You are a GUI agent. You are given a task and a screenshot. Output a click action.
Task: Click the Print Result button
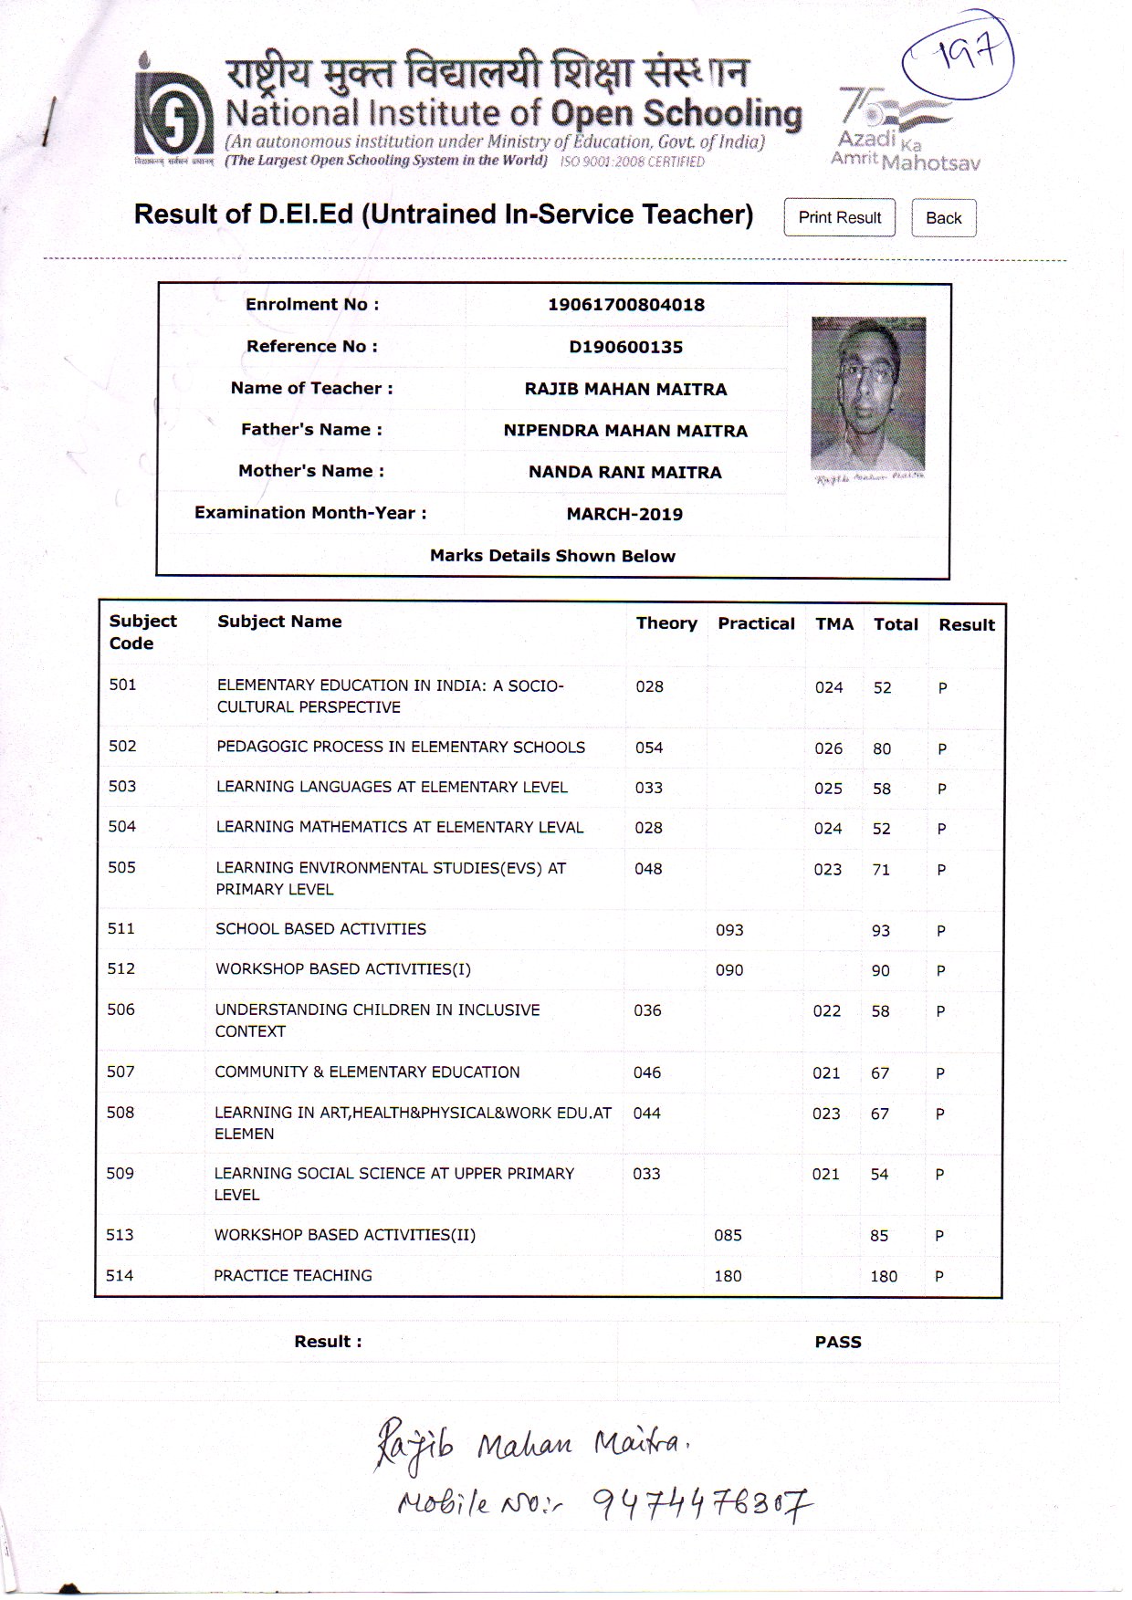click(839, 218)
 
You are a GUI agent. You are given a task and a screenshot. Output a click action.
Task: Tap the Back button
click(943, 218)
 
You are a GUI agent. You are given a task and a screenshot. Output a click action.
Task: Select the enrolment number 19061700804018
click(626, 305)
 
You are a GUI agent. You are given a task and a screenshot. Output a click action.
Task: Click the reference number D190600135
click(626, 347)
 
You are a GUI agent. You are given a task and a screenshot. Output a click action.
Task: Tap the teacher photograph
click(868, 393)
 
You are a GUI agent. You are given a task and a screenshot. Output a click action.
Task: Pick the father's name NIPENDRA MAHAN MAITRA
click(625, 431)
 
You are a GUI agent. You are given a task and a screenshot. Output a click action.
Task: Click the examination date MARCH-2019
click(624, 514)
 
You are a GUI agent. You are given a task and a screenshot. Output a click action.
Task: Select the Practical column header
click(756, 623)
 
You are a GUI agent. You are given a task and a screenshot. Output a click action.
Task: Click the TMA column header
click(834, 624)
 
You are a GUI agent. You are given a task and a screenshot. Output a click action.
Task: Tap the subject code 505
click(121, 867)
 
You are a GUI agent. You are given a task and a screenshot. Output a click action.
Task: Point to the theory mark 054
click(649, 748)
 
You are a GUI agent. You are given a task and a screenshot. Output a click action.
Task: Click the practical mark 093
click(729, 930)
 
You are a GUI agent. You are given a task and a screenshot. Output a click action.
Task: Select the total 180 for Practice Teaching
click(884, 1276)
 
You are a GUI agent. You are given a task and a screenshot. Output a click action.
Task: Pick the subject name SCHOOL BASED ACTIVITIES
click(320, 929)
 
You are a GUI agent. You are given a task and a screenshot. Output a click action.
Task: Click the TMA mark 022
click(827, 1010)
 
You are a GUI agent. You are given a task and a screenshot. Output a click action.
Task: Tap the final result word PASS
click(838, 1342)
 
